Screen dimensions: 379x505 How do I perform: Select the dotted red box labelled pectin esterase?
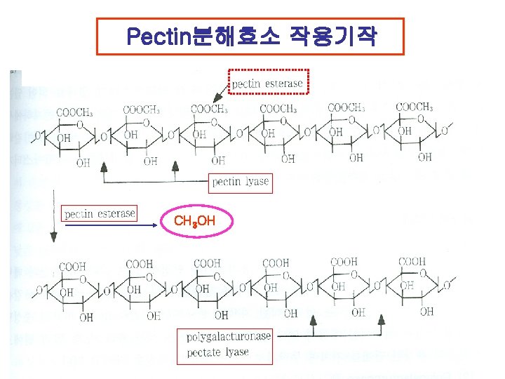coord(268,83)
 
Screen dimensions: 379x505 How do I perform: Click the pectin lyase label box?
coord(241,182)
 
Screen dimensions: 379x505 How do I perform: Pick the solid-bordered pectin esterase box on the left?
coord(99,213)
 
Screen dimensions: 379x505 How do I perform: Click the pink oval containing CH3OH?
coord(194,222)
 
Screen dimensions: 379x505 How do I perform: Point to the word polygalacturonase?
coord(229,337)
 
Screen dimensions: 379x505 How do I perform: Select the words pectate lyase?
coord(218,352)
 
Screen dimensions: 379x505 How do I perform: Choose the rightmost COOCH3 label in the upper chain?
coord(415,107)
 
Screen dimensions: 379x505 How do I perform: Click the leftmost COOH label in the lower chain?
coord(72,267)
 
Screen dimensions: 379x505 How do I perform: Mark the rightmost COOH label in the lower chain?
coord(412,262)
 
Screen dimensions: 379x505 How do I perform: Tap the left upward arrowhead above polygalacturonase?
coord(314,320)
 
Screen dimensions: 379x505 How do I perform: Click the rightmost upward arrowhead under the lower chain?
coord(382,319)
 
